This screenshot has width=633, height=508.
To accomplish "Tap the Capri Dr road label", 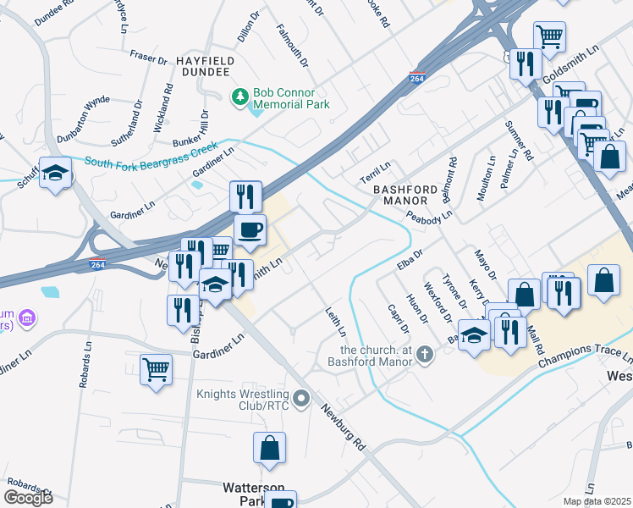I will click(397, 318).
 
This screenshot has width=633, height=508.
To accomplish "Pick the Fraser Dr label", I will click(149, 58).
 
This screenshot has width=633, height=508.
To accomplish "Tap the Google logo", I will click(29, 497).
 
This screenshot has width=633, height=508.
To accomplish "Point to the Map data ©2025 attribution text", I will click(597, 501).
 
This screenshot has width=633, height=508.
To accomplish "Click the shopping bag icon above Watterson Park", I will click(269, 450).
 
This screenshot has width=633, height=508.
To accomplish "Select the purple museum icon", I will click(26, 318).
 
